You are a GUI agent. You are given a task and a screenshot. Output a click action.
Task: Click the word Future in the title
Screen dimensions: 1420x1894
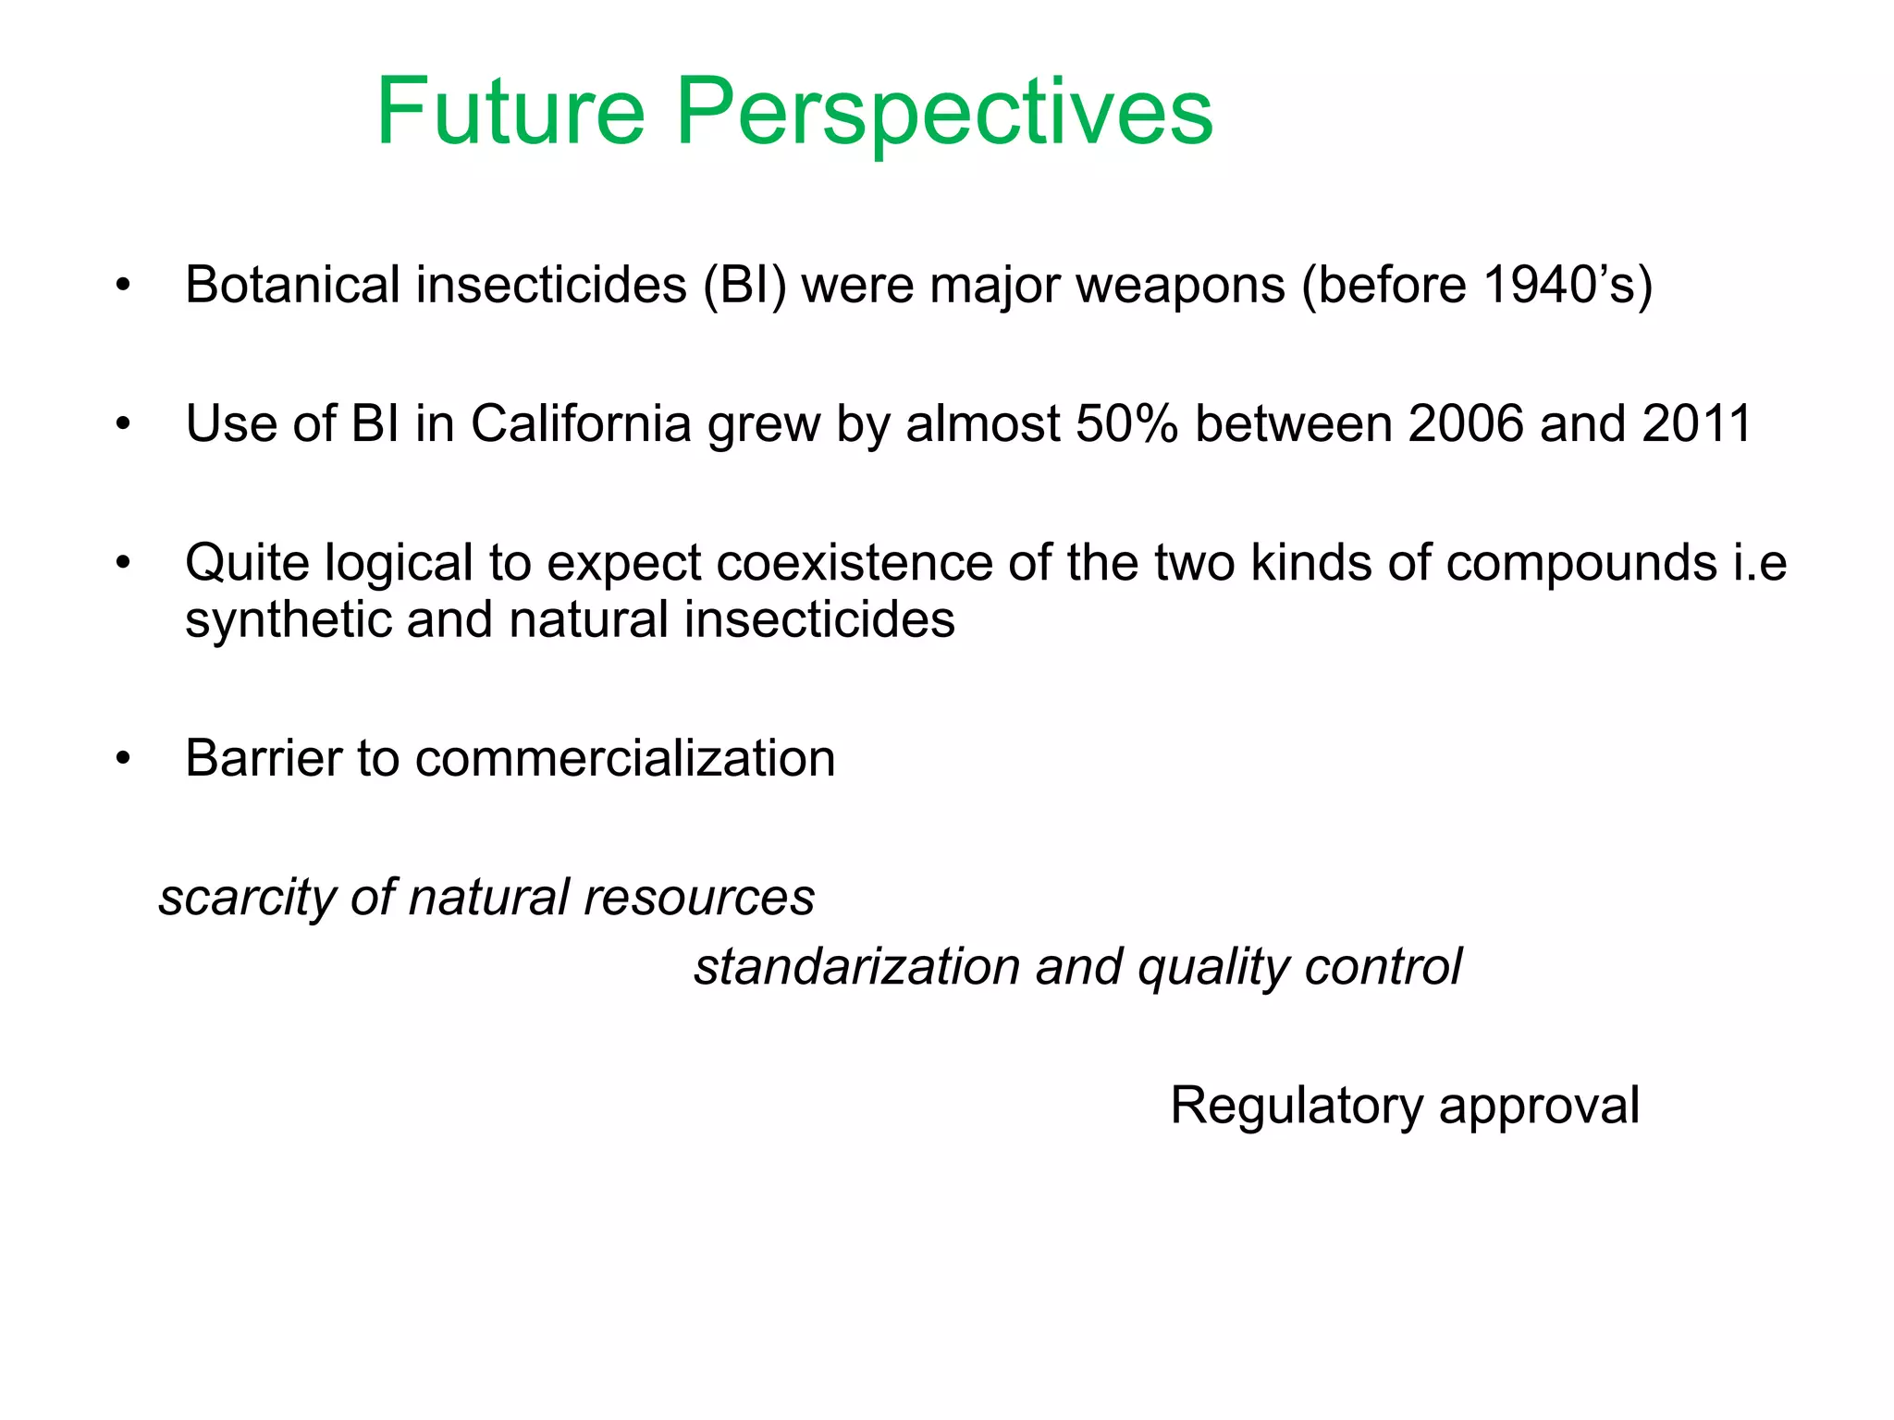point(510,112)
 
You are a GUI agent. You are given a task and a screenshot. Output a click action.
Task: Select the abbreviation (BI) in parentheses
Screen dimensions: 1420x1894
point(744,285)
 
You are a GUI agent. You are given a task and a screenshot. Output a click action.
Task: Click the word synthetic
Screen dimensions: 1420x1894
point(288,620)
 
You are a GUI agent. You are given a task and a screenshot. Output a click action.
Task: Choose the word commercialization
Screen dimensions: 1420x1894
point(625,759)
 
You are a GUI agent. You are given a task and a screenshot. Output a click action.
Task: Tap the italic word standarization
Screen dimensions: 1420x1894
point(856,968)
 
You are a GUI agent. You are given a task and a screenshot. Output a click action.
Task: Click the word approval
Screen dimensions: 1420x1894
point(1539,1106)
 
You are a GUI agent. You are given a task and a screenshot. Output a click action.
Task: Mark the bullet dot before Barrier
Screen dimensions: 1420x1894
point(124,759)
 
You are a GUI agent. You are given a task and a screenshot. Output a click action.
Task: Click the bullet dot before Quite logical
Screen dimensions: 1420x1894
point(124,563)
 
